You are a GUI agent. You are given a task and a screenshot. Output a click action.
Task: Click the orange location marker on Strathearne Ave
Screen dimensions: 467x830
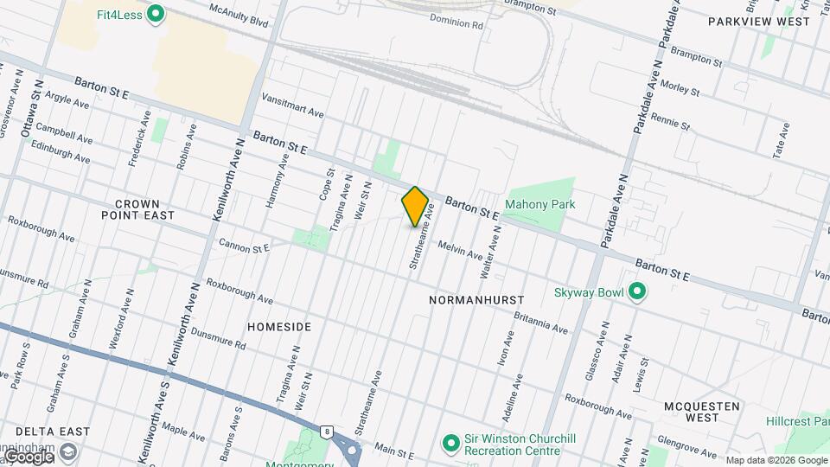[x=415, y=206]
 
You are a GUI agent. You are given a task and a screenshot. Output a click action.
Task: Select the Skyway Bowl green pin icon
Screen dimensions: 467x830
[x=637, y=291]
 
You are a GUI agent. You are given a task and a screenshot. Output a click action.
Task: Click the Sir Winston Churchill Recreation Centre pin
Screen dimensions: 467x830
[x=450, y=445]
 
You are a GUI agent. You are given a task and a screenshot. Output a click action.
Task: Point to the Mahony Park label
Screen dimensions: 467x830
[x=540, y=204]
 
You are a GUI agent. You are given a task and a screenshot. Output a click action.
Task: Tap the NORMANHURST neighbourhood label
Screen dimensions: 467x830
[x=477, y=299]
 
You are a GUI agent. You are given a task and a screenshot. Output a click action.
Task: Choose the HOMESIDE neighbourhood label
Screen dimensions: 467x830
[x=278, y=327]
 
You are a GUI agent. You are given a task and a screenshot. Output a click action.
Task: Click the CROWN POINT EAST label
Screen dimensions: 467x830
[x=137, y=208]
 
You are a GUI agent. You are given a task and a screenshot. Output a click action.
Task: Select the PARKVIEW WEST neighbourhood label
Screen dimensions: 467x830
[x=759, y=21]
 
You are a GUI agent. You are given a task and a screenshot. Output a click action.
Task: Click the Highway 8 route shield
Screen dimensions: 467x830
[x=325, y=432]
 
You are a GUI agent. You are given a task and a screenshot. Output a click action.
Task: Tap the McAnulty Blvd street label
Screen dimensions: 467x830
[x=239, y=15]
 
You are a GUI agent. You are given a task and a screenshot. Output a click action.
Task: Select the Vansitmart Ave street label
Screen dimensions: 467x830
[x=292, y=106]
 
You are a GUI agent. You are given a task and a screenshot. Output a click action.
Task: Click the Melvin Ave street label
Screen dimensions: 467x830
[x=460, y=250]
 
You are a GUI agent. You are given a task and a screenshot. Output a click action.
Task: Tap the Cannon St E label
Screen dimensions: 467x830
[x=244, y=246]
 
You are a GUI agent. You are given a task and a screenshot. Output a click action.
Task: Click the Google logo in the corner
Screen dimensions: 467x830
[x=28, y=457]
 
